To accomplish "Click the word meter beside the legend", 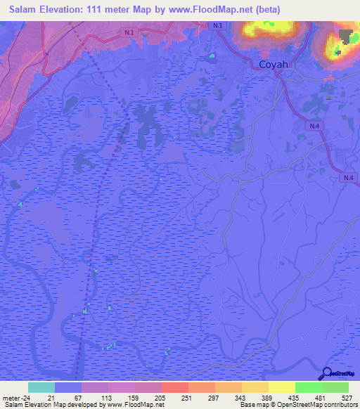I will [x=9, y=397].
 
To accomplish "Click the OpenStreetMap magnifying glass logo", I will [x=328, y=374].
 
